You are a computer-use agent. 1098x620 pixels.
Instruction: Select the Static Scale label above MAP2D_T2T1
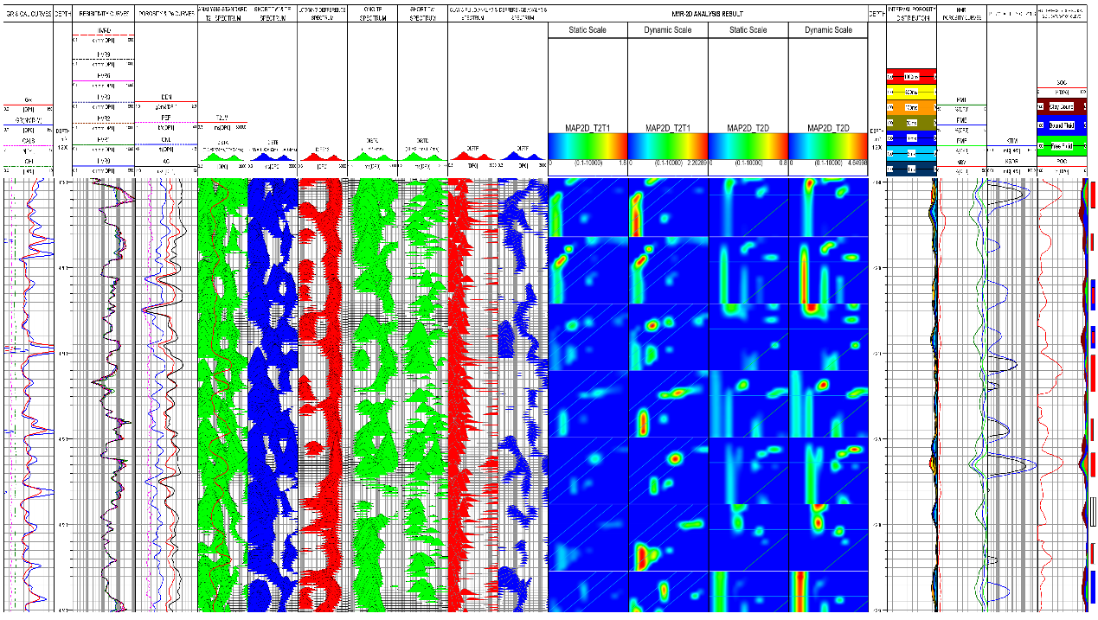click(588, 30)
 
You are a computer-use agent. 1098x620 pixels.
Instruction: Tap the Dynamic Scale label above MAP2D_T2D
click(828, 30)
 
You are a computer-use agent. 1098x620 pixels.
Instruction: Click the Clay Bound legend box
click(1062, 106)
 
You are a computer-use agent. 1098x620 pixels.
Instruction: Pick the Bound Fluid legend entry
click(1062, 125)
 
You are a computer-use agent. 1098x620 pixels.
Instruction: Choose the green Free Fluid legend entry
click(1062, 145)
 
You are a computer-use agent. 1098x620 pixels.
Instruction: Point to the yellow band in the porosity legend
click(911, 92)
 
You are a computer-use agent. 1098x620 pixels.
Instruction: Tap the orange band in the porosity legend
click(911, 106)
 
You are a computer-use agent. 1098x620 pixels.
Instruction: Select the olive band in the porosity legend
click(911, 122)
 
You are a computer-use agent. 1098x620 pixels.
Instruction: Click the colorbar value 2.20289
click(693, 163)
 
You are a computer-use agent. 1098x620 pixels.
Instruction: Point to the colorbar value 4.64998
click(856, 163)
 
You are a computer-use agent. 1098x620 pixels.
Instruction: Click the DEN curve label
click(166, 97)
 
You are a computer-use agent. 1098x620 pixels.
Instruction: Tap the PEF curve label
click(166, 117)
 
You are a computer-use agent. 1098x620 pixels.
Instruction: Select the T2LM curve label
click(222, 117)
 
